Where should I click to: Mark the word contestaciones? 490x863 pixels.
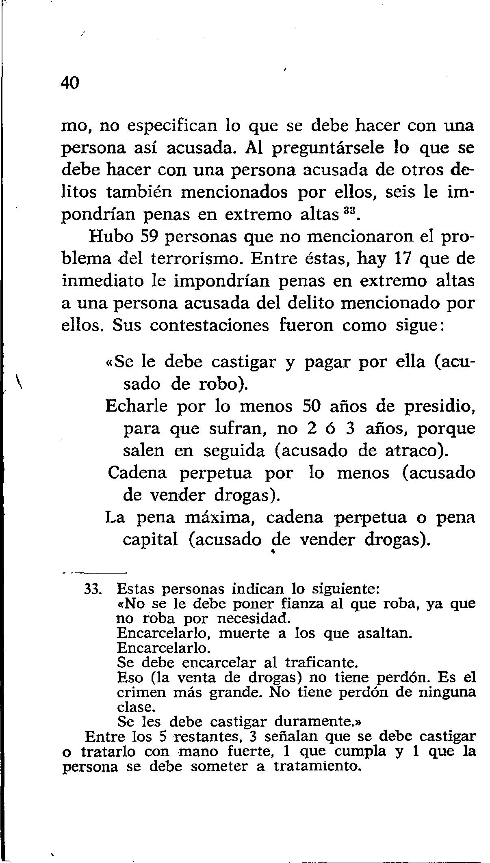pos(209,325)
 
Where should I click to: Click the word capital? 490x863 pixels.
pos(150,539)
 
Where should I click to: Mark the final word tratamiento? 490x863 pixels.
pos(317,766)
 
